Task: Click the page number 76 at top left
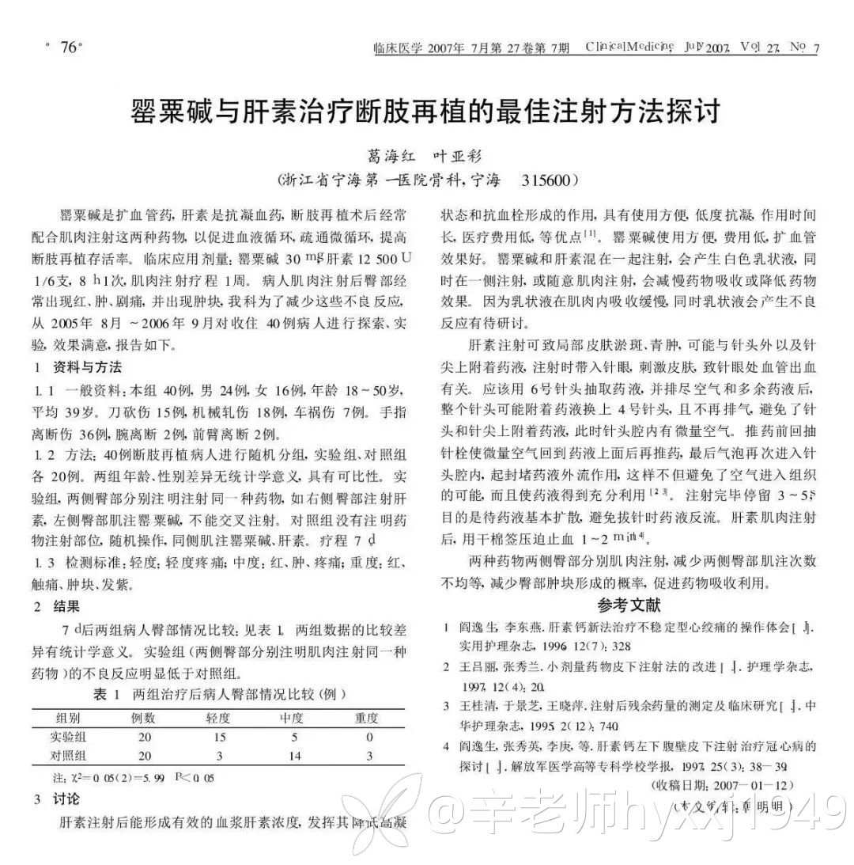(x=64, y=47)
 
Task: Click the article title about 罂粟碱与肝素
(x=426, y=112)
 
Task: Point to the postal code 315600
(x=546, y=180)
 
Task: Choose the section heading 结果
(x=66, y=607)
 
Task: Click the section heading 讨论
(x=66, y=799)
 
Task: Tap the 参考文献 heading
(x=629, y=605)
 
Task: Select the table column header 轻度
(x=218, y=718)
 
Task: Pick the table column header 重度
(x=368, y=718)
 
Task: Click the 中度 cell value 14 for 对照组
(x=294, y=756)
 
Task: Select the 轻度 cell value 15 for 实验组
(x=219, y=737)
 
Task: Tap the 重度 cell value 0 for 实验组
(x=368, y=737)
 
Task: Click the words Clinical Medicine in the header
(x=630, y=47)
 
